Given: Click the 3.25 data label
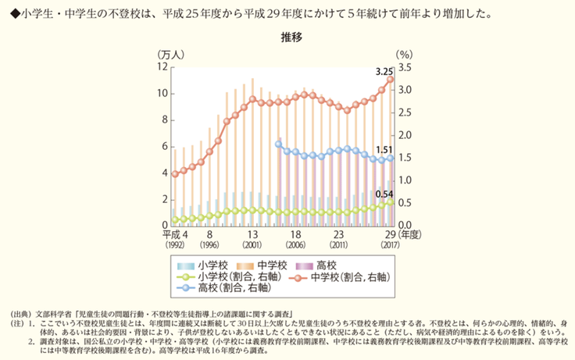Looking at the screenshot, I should point(384,71).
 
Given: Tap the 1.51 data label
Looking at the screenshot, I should point(384,149).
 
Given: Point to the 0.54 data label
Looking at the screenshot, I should point(384,194).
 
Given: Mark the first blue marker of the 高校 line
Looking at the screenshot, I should point(279,144).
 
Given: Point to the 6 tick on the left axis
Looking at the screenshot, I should point(162,146).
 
